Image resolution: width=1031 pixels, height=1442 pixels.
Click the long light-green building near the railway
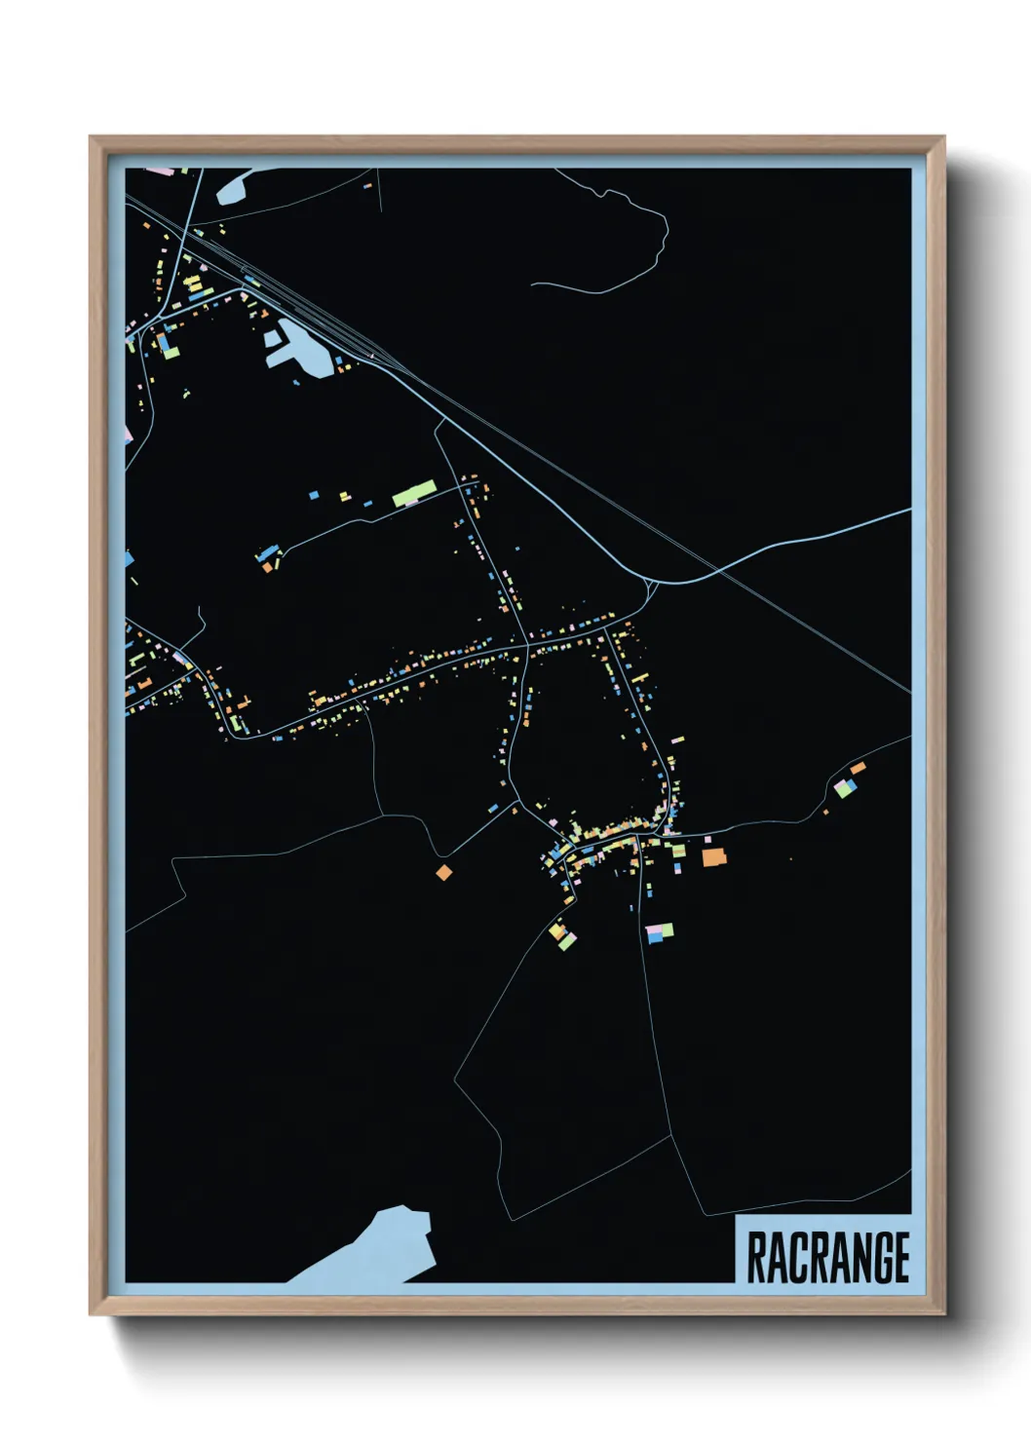point(413,493)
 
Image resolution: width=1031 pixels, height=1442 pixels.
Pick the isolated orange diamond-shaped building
point(443,872)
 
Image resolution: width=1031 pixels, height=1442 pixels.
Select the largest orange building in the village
point(714,856)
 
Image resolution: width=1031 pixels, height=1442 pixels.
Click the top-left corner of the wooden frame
point(94,140)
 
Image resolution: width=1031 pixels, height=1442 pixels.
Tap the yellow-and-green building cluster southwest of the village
point(561,935)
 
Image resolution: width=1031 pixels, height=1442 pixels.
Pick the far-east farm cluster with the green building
point(846,784)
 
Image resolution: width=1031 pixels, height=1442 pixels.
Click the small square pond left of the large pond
point(271,340)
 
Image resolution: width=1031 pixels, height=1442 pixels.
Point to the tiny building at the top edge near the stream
point(367,184)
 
